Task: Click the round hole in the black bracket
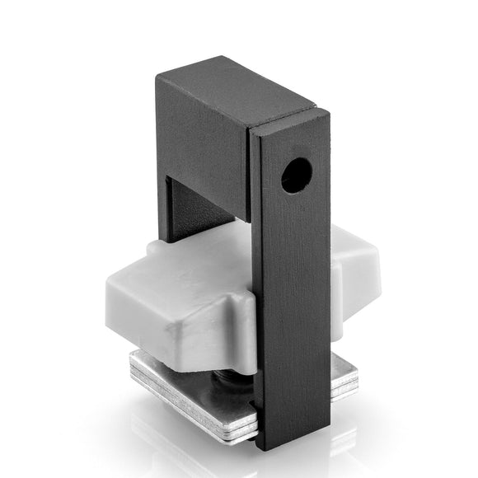click(x=296, y=175)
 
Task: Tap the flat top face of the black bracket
click(x=235, y=86)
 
